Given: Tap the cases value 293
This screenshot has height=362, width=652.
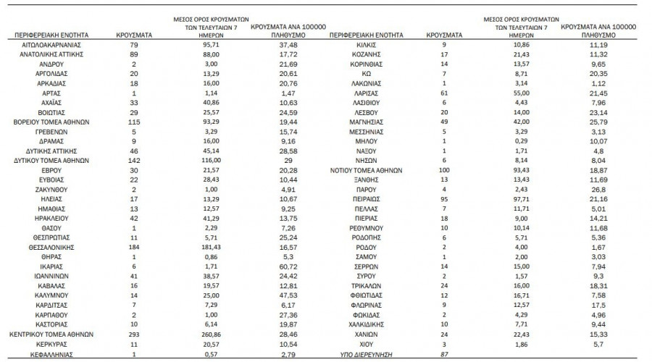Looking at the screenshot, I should click(133, 336).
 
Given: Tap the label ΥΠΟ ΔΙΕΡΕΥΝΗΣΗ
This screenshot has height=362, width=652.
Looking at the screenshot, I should click(364, 356).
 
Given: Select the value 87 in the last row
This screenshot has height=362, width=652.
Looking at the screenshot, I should click(435, 356).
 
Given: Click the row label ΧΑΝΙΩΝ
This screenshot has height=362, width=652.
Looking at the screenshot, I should click(364, 336).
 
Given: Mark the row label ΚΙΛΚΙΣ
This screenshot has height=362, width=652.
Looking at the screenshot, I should click(364, 46).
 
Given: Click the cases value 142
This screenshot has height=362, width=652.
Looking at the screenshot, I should click(133, 160).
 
